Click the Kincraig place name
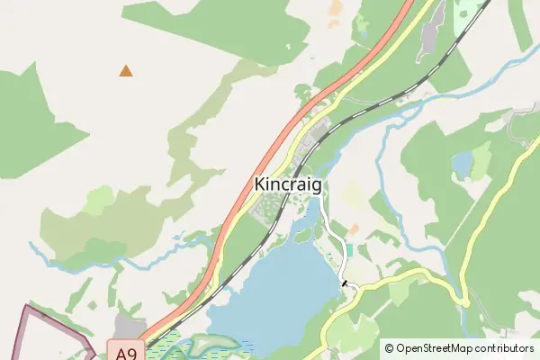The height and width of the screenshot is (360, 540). pyautogui.click(x=288, y=184)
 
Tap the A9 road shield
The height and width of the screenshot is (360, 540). pyautogui.click(x=126, y=352)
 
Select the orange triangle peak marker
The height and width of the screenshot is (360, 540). pyautogui.click(x=126, y=70)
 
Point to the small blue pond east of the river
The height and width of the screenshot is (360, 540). pyautogui.click(x=463, y=165)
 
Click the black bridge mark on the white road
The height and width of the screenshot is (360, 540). pyautogui.click(x=344, y=283)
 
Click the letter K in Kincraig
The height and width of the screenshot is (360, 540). pyautogui.click(x=260, y=184)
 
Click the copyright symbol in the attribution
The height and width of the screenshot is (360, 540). pyautogui.click(x=389, y=347)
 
